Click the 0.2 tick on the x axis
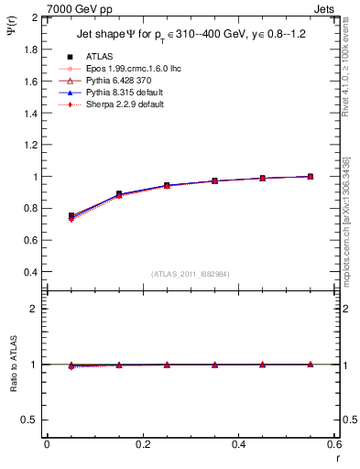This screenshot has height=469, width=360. pyautogui.click(x=142, y=444)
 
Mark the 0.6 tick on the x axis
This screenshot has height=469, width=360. pyautogui.click(x=334, y=444)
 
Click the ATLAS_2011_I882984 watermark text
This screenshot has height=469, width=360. pyautogui.click(x=190, y=274)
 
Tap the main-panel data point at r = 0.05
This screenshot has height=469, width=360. pyautogui.click(x=71, y=216)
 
